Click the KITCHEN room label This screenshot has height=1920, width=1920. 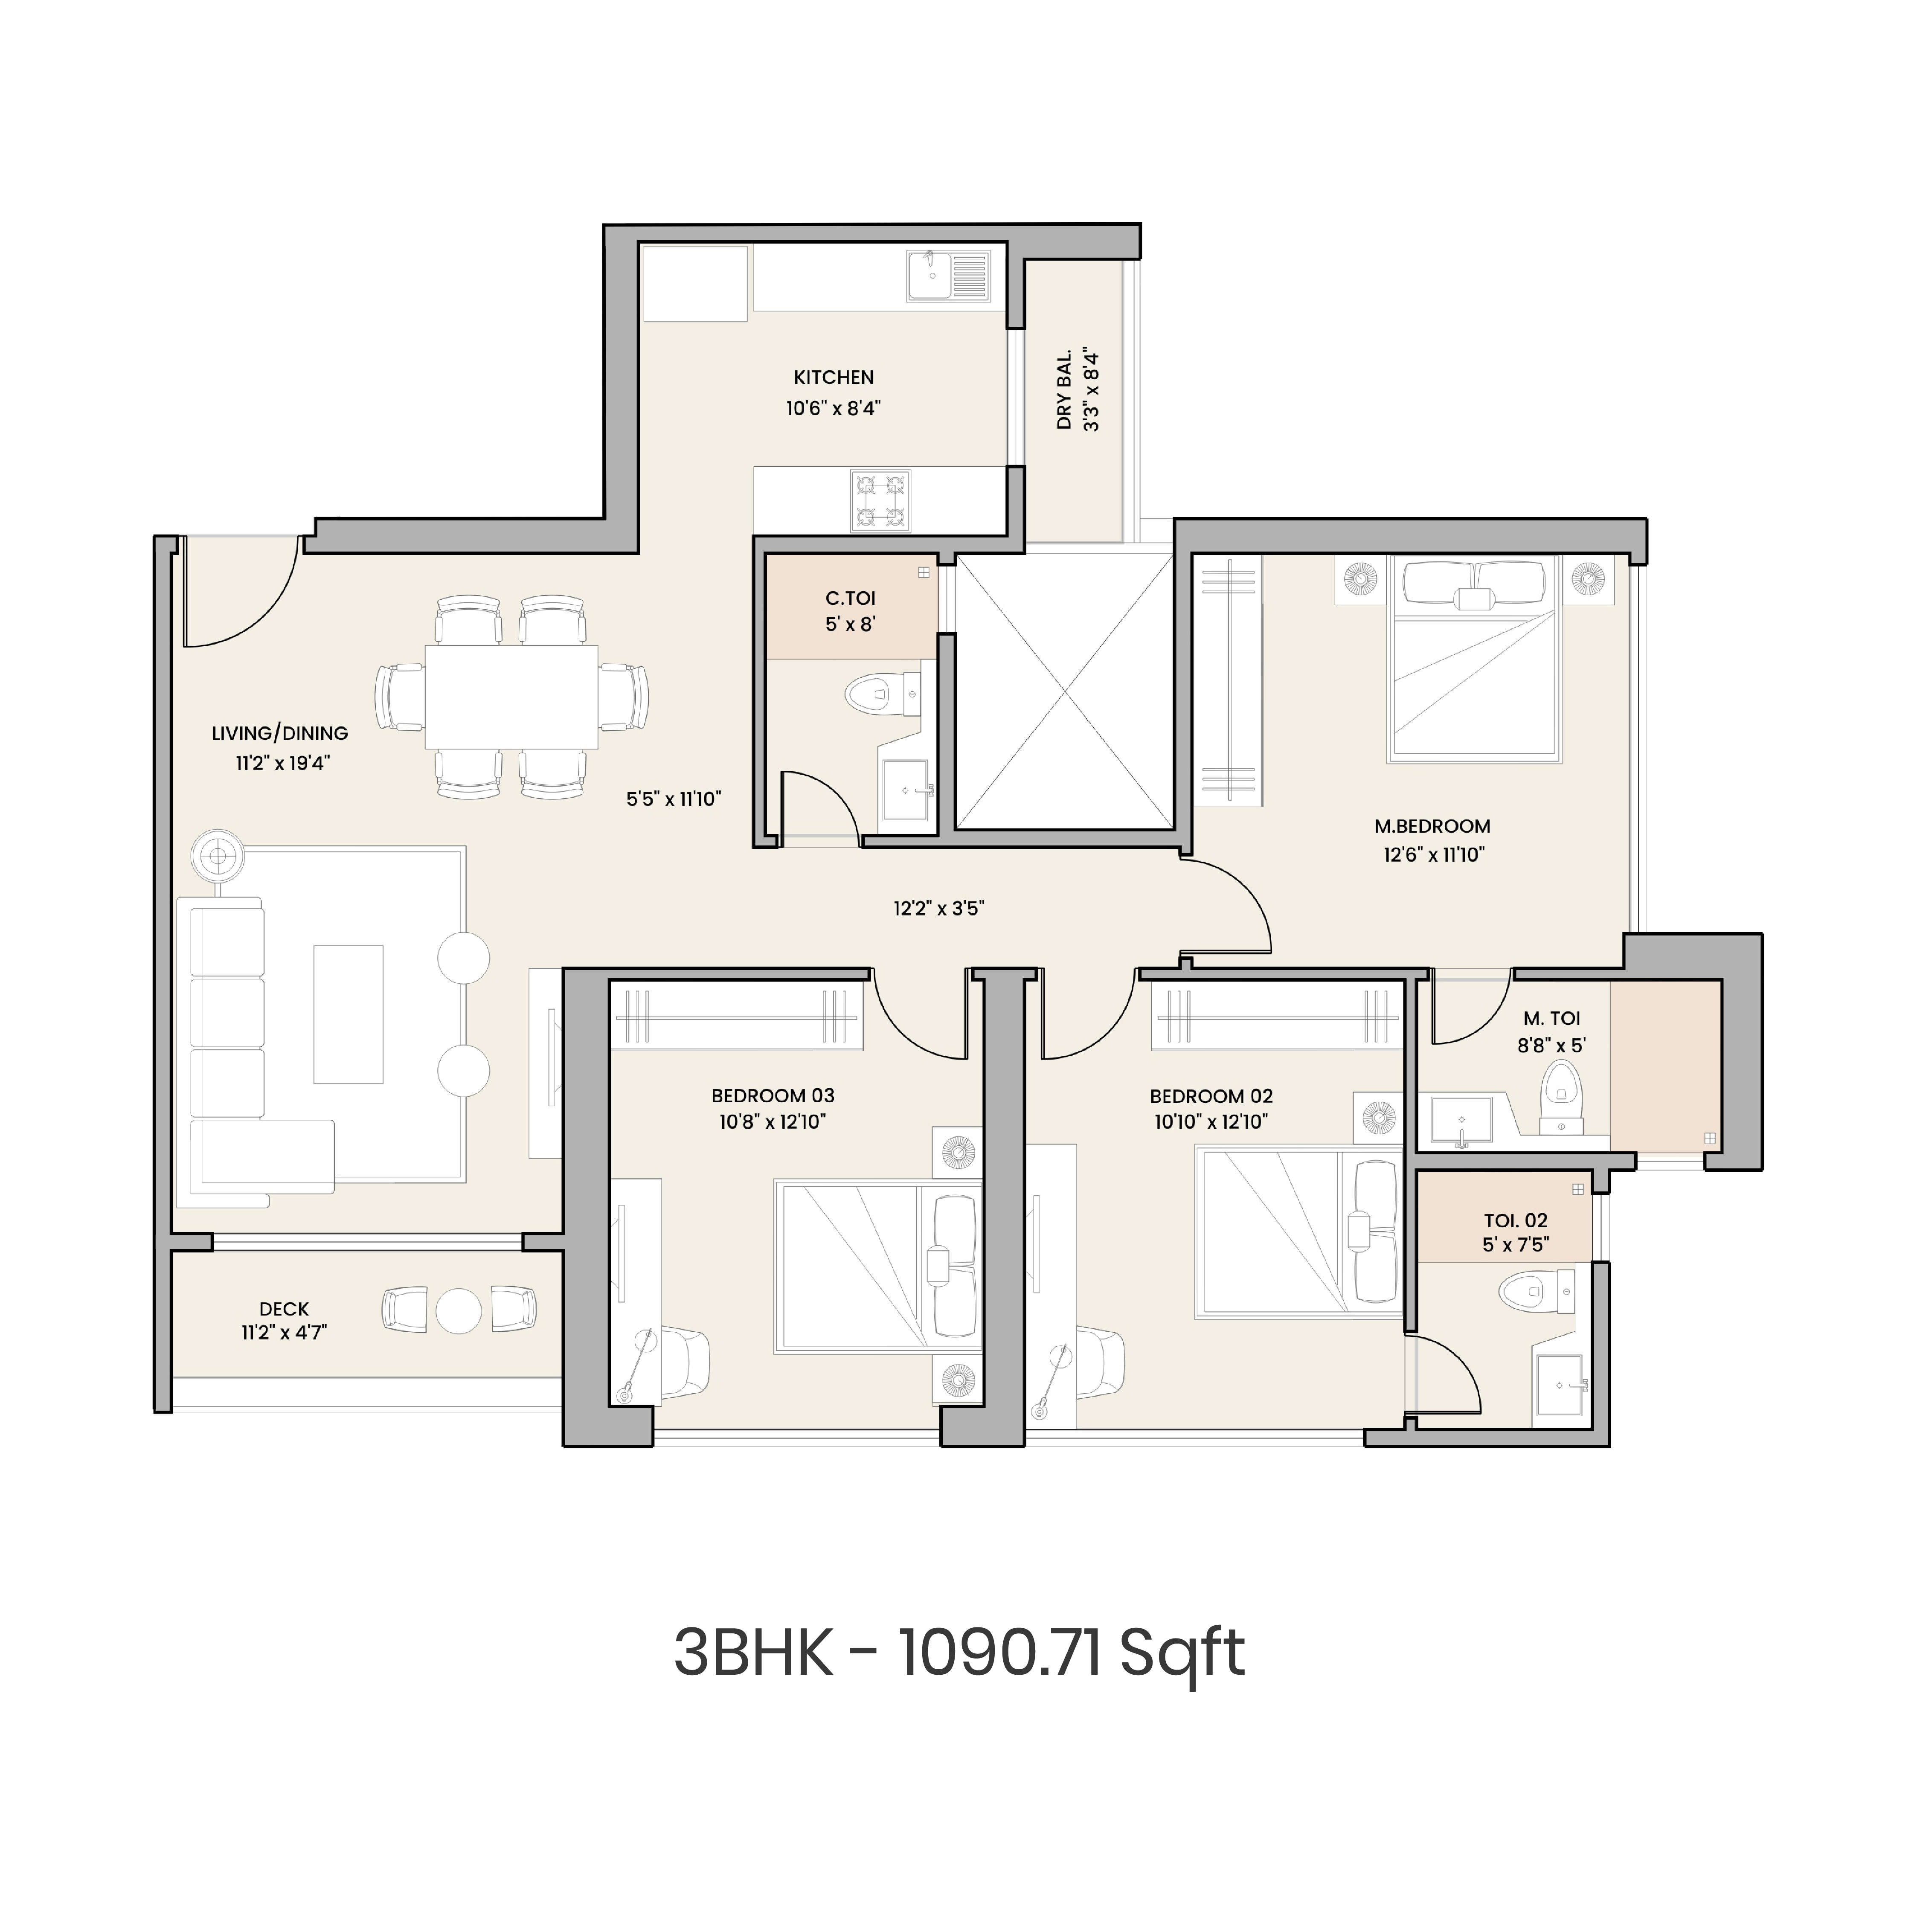pyautogui.click(x=833, y=378)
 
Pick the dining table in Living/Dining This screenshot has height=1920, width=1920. pyautogui.click(x=511, y=697)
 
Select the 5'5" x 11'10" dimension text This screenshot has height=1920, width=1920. pyautogui.click(x=673, y=799)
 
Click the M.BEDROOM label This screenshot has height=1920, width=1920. pyautogui.click(x=1432, y=826)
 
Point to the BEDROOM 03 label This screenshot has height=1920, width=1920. pyautogui.click(x=772, y=1096)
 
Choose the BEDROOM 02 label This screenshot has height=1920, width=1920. pyautogui.click(x=1211, y=1097)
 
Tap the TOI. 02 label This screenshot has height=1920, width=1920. pyautogui.click(x=1514, y=1220)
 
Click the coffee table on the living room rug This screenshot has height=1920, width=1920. pyautogui.click(x=348, y=1014)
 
